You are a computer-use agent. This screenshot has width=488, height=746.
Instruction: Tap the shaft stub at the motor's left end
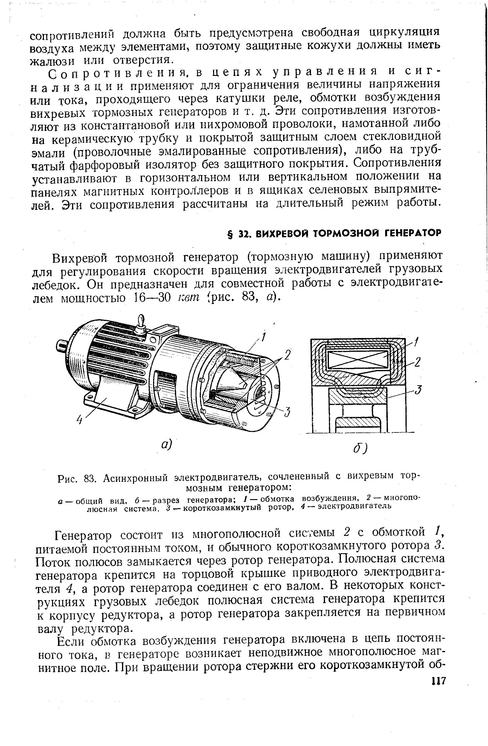click(62, 346)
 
